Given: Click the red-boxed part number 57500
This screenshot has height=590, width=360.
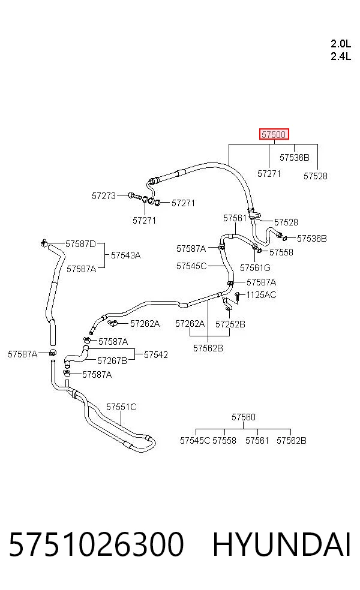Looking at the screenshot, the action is tap(274, 134).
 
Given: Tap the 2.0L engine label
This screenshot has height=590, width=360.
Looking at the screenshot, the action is tap(341, 44).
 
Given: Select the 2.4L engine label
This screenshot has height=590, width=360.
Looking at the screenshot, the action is tap(341, 56).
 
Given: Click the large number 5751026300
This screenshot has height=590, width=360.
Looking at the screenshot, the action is tap(96, 544).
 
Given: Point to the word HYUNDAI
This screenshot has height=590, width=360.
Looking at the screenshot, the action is tap(281, 544).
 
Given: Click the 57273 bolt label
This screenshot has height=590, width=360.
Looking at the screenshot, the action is tap(104, 195).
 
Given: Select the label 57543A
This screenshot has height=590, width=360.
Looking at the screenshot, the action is tap(126, 255).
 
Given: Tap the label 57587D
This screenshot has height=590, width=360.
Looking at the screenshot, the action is tap(80, 244).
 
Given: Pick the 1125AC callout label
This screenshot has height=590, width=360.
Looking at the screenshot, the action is tap(262, 294).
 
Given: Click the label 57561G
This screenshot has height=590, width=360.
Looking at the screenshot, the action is tap(256, 267).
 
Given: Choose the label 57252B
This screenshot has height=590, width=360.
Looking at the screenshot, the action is tap(230, 324).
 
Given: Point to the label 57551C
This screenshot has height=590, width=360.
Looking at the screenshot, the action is tap(121, 407).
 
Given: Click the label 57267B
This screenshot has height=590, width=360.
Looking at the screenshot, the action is tap(112, 360).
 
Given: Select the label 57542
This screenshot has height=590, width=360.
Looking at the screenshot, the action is tap(156, 354).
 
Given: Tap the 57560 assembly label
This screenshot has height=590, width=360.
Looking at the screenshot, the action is tap(243, 417).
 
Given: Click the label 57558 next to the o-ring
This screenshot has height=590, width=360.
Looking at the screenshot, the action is tap(281, 252).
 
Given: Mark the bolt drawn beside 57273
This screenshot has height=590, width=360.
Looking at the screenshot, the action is tap(134, 196).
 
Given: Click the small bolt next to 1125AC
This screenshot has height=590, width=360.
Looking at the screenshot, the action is tap(238, 296).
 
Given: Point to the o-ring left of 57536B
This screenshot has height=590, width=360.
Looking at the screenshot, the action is tap(285, 238).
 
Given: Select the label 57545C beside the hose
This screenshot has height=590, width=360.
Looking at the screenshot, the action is tap(191, 266).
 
